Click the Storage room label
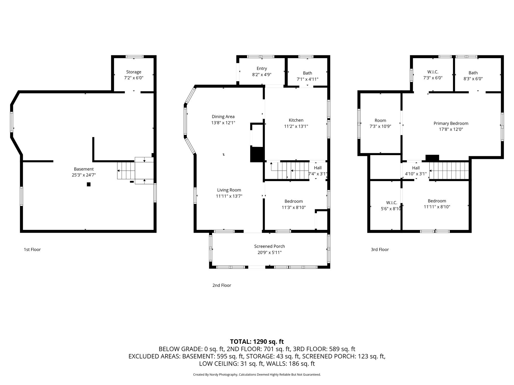click(x=134, y=72)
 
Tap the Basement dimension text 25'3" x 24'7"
click(x=84, y=175)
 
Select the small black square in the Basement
click(x=89, y=184)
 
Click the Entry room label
click(x=262, y=69)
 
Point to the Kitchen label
click(x=296, y=120)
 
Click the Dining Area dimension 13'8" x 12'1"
click(x=223, y=123)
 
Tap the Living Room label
click(x=229, y=190)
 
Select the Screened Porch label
click(x=269, y=246)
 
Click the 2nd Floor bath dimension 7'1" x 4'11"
click(x=308, y=79)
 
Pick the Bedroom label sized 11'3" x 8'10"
click(x=294, y=201)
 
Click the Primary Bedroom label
click(x=451, y=123)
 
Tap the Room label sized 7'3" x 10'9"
click(x=380, y=120)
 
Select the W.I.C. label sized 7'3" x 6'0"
click(x=433, y=72)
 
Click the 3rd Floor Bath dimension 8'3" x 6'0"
click(x=473, y=79)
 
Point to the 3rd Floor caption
click(x=380, y=249)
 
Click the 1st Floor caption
click(x=32, y=249)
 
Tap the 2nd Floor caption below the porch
click(x=222, y=285)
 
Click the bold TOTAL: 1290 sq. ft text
click(x=257, y=342)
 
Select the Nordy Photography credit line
click(x=257, y=375)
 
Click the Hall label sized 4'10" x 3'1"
click(x=416, y=168)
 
